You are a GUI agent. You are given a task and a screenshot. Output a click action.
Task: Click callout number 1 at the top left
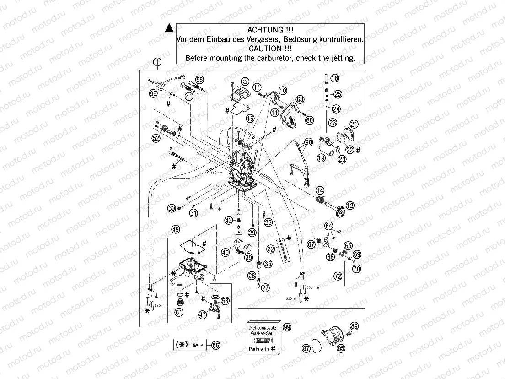(157, 62)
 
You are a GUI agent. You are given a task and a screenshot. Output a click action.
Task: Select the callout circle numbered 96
(153, 94)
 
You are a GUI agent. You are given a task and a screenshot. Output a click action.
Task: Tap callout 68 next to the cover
(300, 99)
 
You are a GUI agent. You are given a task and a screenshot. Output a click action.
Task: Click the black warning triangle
(169, 29)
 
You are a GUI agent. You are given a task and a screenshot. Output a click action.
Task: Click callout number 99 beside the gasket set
(287, 327)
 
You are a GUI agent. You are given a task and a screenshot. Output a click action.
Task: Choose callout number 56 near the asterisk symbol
(216, 347)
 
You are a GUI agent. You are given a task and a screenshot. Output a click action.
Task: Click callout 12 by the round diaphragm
(350, 206)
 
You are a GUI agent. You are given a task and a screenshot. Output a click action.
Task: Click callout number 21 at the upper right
(354, 124)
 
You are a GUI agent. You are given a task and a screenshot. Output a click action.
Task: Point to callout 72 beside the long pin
(338, 276)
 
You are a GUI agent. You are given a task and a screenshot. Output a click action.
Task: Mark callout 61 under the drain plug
(178, 312)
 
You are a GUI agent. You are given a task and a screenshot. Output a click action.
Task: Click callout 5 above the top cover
(245, 81)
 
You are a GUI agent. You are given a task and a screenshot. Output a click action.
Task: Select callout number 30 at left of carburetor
(172, 208)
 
